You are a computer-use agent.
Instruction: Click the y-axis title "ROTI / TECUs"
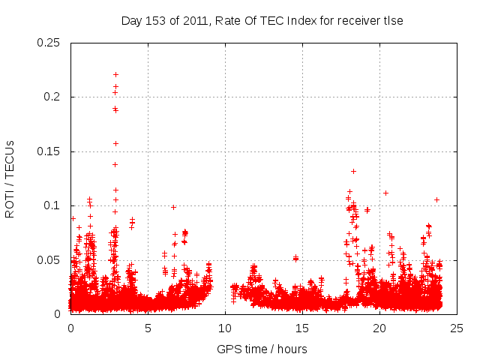[x=10, y=178]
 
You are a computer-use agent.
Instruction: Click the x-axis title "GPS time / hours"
[x=262, y=349]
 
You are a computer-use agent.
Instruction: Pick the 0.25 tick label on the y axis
[x=49, y=43]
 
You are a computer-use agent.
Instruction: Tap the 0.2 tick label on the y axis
[x=53, y=97]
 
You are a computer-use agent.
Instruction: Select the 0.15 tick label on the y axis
[x=49, y=151]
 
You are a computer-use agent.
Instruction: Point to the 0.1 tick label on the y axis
[x=53, y=205]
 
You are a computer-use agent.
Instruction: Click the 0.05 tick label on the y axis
[x=49, y=260]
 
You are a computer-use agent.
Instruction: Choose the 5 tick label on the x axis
[x=148, y=328]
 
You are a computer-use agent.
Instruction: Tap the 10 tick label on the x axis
[x=225, y=328]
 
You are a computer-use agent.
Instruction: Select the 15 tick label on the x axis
[x=302, y=328]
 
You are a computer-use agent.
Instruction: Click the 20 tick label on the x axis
[x=379, y=328]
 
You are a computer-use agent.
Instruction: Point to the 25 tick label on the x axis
[x=457, y=328]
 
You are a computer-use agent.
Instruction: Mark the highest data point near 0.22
[x=115, y=74]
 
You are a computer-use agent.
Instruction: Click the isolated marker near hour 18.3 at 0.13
[x=353, y=171]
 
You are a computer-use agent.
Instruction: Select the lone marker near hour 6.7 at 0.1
[x=173, y=207]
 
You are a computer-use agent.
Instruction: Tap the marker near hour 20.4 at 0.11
[x=385, y=193]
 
